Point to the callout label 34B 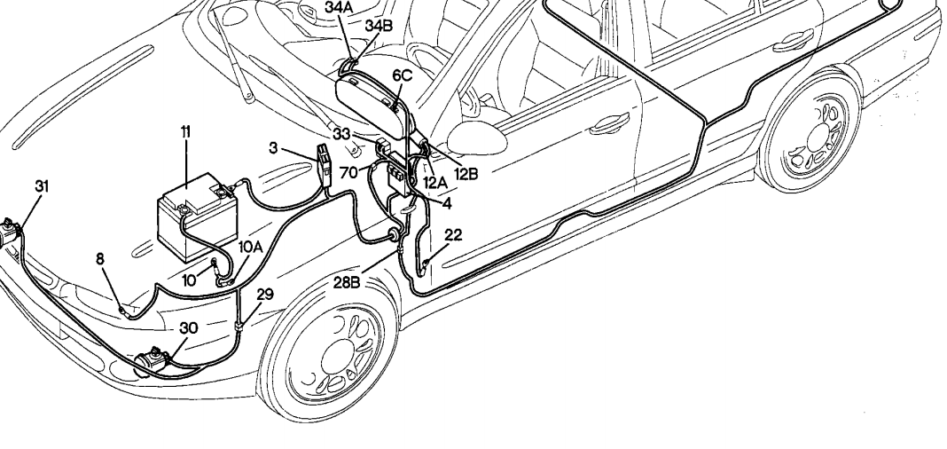pos(379,25)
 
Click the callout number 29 pos(264,294)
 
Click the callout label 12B pos(466,174)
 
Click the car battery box pos(195,214)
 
